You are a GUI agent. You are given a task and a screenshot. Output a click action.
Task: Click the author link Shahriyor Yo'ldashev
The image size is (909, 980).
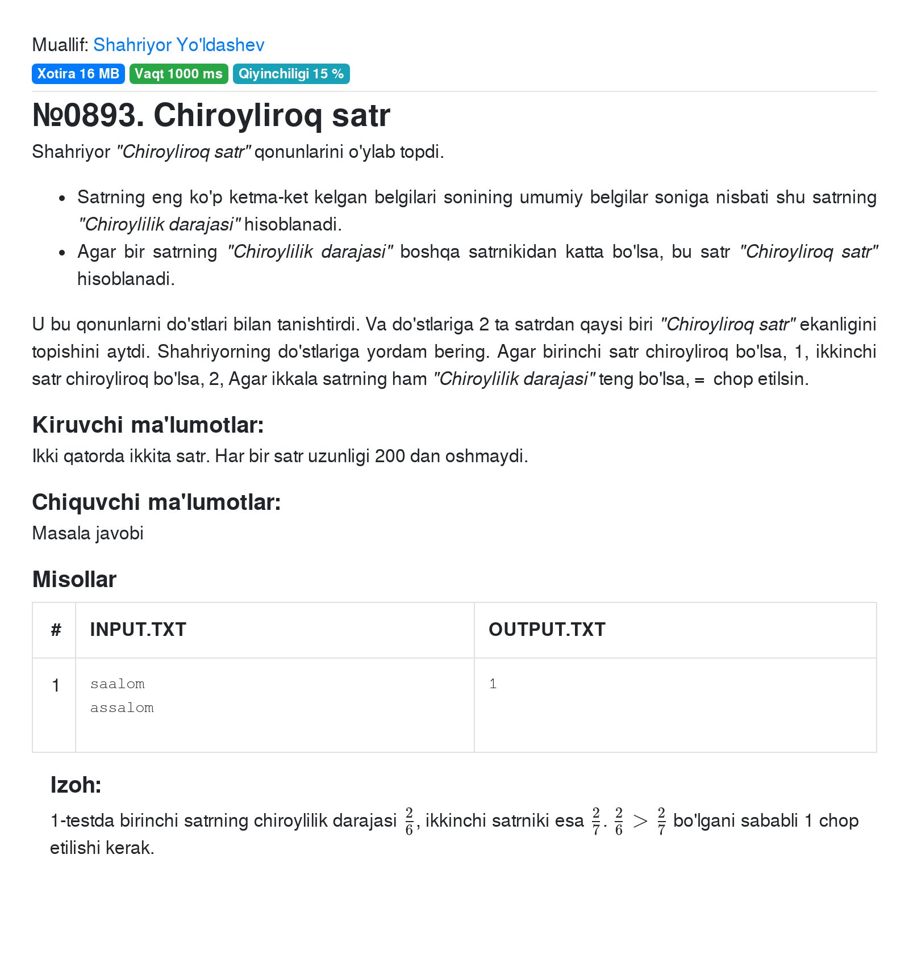tap(178, 45)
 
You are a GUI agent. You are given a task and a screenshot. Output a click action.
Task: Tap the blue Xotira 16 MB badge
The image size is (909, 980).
tap(78, 74)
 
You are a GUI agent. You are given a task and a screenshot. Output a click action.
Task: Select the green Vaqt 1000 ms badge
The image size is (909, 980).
tap(178, 74)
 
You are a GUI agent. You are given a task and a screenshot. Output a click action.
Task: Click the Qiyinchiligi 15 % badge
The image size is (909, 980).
tap(291, 74)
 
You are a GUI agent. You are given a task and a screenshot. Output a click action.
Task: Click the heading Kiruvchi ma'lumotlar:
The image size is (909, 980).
tap(148, 425)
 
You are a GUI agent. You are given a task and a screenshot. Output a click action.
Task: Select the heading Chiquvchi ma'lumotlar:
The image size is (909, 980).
tap(156, 502)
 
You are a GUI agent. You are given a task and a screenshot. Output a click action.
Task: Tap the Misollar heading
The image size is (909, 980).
tap(74, 579)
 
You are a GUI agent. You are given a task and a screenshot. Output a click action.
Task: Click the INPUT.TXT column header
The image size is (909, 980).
tap(138, 629)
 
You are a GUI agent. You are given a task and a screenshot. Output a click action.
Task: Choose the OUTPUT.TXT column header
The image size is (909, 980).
tap(547, 629)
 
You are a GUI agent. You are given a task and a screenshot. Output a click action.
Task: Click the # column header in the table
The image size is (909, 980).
tap(56, 629)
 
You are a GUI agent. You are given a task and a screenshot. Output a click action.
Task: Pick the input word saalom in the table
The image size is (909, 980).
tap(118, 684)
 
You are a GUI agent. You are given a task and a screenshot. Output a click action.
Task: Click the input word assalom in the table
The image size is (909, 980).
tap(122, 707)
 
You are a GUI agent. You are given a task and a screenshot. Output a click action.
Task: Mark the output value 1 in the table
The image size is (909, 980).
tap(493, 684)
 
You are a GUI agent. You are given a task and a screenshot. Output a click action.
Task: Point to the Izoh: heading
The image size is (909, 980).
tap(76, 785)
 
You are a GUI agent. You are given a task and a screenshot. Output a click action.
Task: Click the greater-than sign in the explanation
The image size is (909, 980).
tap(640, 821)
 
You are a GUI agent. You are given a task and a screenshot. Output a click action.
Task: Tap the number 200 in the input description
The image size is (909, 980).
tap(390, 456)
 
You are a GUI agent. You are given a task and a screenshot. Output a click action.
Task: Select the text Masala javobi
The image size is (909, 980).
tap(87, 533)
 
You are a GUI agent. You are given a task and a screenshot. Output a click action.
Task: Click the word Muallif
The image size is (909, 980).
tap(60, 45)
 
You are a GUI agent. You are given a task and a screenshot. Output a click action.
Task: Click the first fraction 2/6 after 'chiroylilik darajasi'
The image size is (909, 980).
tap(409, 821)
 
